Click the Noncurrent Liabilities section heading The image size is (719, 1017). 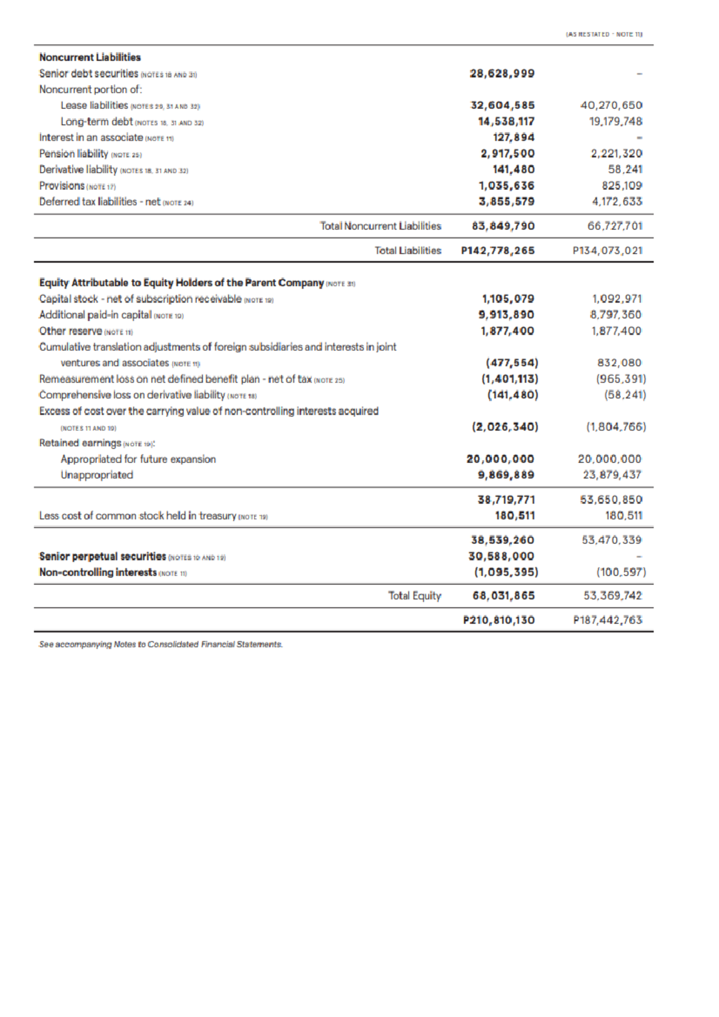click(90, 57)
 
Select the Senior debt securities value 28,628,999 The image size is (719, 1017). click(502, 74)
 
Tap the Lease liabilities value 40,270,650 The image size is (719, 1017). click(612, 105)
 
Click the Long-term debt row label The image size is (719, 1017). click(96, 122)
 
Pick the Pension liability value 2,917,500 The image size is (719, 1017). click(507, 154)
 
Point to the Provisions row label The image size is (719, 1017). click(62, 186)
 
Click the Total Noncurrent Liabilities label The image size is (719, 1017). click(380, 226)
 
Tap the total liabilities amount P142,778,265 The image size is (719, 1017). click(497, 250)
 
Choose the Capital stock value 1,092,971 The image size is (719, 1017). click(617, 298)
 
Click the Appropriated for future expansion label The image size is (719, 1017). click(138, 459)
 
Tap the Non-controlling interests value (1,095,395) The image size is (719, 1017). click(506, 572)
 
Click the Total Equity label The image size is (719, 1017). click(415, 596)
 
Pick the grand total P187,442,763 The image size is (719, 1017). click(608, 620)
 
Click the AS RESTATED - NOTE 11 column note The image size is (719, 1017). click(605, 34)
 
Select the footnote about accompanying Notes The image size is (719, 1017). click(161, 644)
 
